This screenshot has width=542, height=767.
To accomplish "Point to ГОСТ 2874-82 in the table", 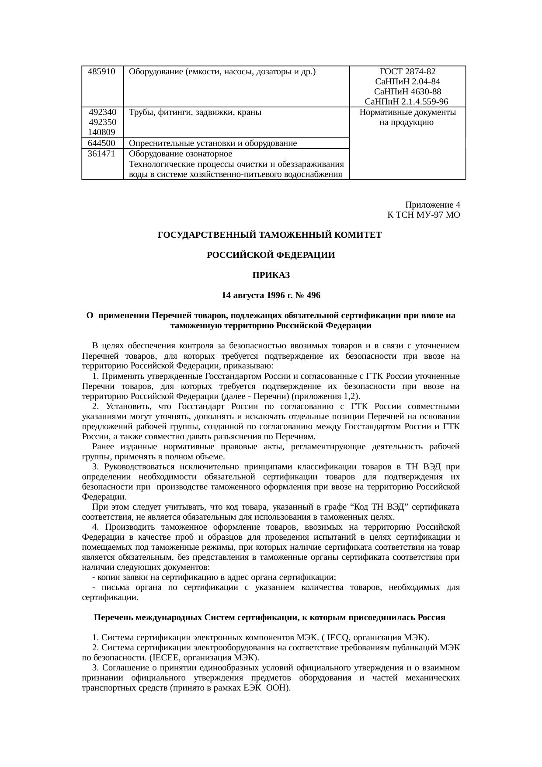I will click(x=407, y=71).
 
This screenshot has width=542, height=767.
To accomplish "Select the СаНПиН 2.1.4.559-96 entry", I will click(x=406, y=102).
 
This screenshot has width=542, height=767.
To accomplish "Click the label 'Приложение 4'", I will click(x=432, y=205).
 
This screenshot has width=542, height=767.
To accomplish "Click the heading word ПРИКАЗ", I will click(x=271, y=275).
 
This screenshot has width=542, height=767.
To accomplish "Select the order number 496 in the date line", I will click(x=313, y=295).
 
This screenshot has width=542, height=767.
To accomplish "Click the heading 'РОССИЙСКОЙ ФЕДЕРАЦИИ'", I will click(x=271, y=255).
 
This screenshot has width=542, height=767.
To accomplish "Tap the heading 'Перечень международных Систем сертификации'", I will click(x=195, y=618).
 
